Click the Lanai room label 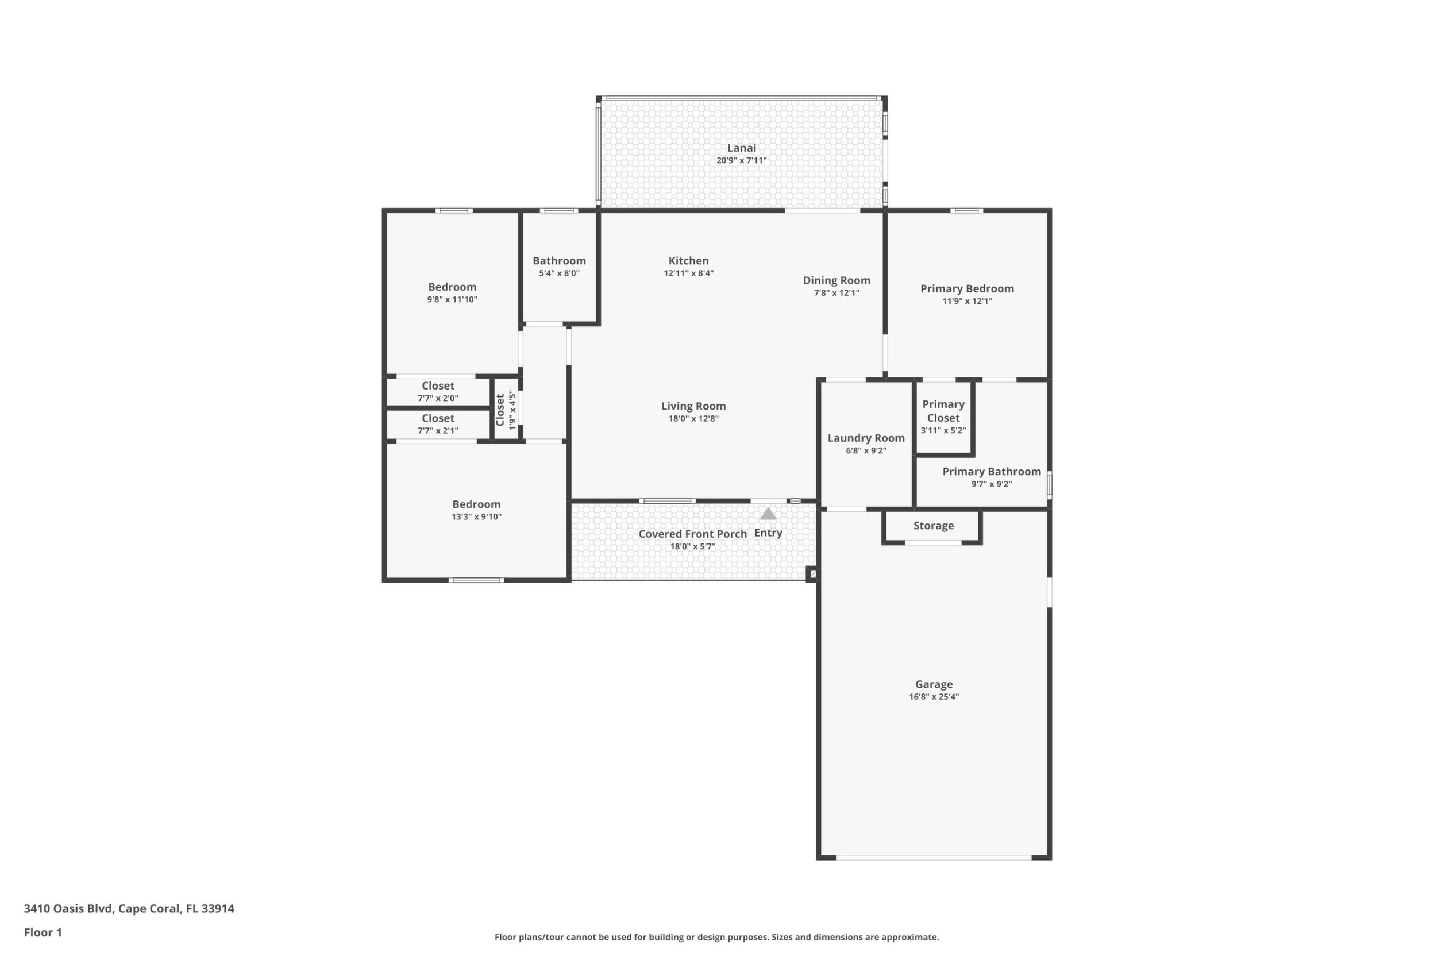[741, 148]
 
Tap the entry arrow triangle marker [768, 514]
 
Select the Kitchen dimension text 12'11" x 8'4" [688, 273]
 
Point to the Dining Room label [836, 280]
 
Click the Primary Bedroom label [967, 289]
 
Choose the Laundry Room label [866, 438]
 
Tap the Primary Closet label [943, 411]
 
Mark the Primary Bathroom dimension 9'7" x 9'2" [992, 484]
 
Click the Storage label [934, 526]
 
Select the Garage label [934, 684]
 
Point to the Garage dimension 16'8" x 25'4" [934, 697]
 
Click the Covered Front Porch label [693, 534]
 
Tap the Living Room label [693, 406]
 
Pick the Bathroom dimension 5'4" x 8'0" [559, 273]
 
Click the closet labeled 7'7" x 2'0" [438, 392]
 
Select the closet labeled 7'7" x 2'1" [438, 425]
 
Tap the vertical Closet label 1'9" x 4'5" [506, 410]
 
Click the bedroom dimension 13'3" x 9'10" [476, 517]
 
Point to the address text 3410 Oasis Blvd [68, 908]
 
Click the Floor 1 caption [43, 932]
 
